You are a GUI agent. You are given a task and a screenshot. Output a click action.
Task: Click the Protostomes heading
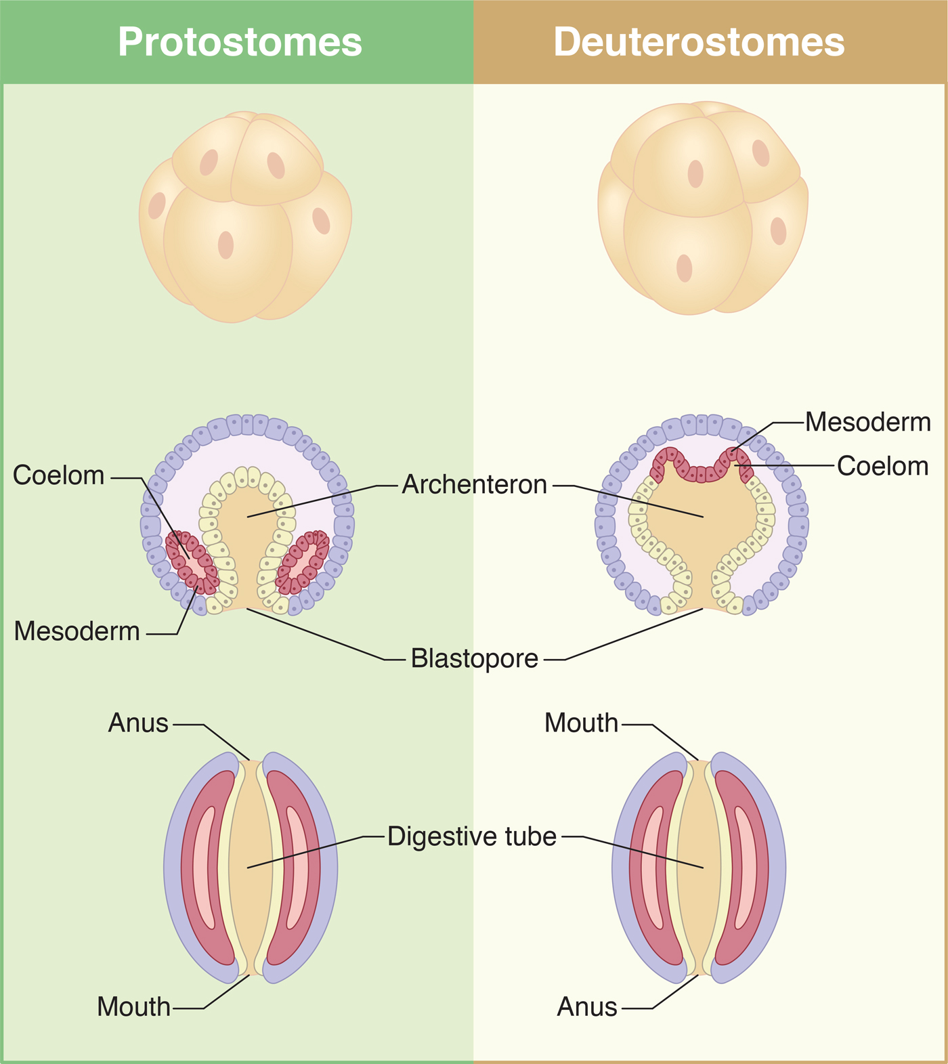(x=240, y=42)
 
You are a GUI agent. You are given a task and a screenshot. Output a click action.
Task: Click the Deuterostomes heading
(x=699, y=42)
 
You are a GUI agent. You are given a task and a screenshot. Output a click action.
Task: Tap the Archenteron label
(x=474, y=485)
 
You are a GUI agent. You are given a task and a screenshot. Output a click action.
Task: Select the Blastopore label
(x=474, y=658)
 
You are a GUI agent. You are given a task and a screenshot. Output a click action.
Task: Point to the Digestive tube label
(x=472, y=836)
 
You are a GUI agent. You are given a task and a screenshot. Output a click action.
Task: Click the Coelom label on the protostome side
(x=59, y=475)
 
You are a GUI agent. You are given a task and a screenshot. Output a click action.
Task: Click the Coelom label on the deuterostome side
(x=882, y=466)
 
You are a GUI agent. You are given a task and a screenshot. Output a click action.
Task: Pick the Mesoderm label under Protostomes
(x=77, y=631)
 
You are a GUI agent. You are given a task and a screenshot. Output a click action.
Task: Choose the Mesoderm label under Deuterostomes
(x=868, y=422)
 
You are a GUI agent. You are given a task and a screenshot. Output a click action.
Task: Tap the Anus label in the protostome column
(x=138, y=723)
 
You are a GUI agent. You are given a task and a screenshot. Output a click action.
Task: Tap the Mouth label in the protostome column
(x=133, y=1007)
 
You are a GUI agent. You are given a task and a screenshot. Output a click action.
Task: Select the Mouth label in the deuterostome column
(x=581, y=723)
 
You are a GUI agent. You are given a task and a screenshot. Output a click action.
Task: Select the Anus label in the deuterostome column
(x=587, y=1007)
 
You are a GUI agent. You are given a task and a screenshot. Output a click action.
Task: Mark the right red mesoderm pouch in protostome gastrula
(x=304, y=561)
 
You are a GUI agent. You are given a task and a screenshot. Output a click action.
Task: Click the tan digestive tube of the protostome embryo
(x=250, y=867)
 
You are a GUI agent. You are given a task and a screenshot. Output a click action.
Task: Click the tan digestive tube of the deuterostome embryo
(x=698, y=867)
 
